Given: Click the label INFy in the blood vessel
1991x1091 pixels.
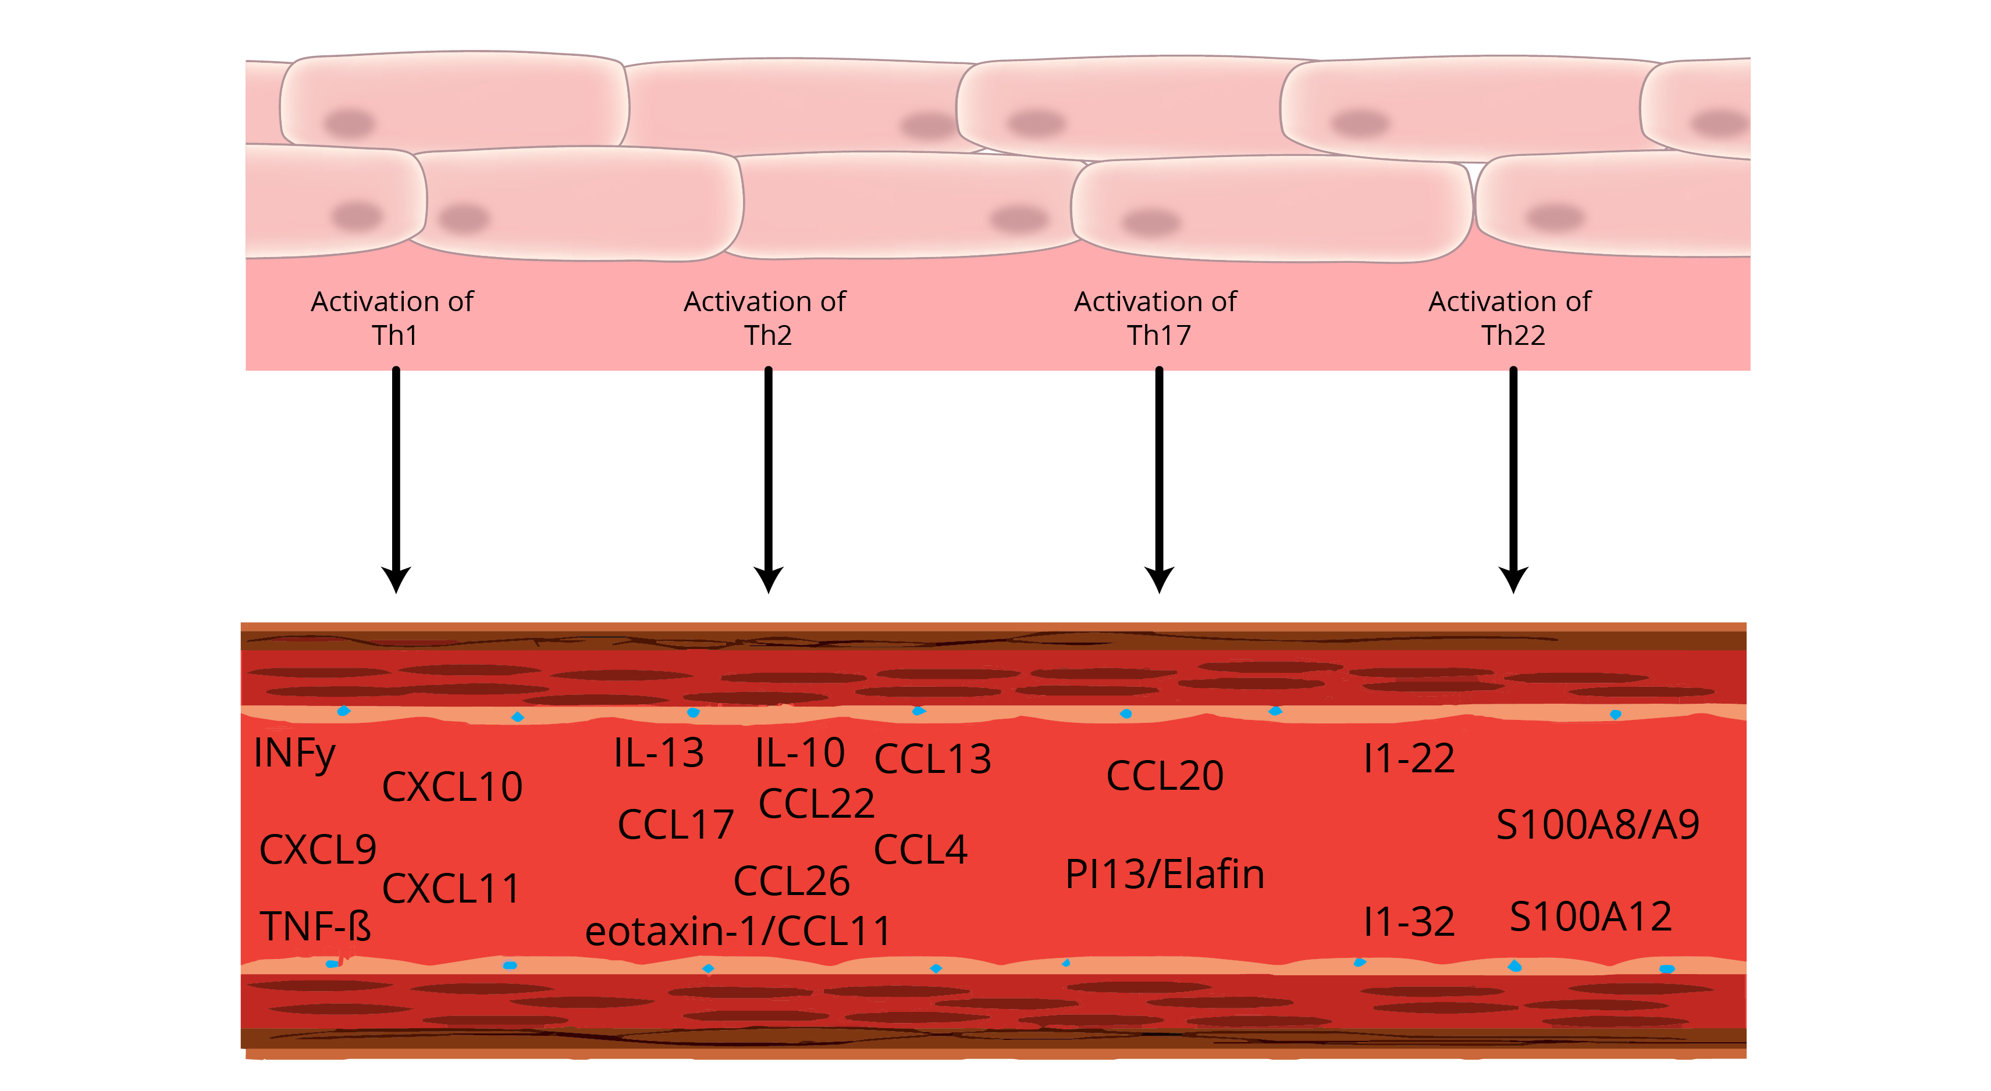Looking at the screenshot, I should point(294,753).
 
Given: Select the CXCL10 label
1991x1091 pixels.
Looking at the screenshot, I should point(452,787).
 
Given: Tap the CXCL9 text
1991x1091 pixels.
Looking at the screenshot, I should point(318,850).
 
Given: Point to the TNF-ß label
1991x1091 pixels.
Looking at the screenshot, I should point(315,926).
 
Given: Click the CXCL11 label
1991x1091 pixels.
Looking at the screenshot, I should point(451,889).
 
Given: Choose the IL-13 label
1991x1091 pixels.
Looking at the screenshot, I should point(659,753).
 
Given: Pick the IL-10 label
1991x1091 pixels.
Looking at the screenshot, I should point(800,753).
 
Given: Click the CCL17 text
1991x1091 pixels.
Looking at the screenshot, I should point(675,825).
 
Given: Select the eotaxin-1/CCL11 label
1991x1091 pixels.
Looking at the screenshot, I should point(738,931).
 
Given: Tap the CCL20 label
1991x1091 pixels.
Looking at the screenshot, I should point(1165,776).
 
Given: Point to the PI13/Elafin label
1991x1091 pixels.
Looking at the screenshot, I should point(1165,875).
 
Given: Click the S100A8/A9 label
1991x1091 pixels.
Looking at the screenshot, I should point(1598,825).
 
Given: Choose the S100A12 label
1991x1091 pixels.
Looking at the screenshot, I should point(1591,917).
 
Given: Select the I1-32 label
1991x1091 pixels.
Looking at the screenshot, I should point(1409,922).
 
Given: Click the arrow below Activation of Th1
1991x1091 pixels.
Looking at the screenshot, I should point(396,479).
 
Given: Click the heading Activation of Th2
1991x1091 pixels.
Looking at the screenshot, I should point(765,318).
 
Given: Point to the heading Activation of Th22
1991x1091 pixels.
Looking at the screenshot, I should point(1510,318).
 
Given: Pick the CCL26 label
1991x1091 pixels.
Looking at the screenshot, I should point(791,882).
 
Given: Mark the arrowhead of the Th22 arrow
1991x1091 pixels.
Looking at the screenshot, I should point(1513,579).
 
